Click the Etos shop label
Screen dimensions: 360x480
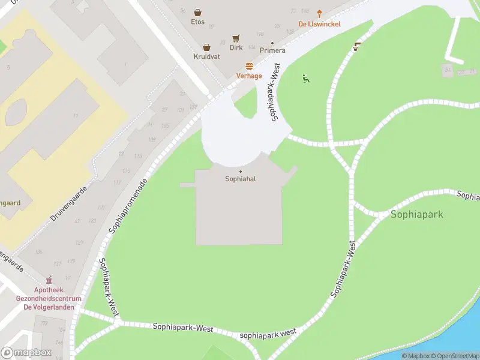tap(197, 22)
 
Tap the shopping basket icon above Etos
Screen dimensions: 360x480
tap(197, 12)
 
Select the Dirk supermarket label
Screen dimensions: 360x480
tap(236, 47)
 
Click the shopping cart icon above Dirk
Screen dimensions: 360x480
tap(236, 37)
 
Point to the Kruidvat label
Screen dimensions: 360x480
tap(207, 56)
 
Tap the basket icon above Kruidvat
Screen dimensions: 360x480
tap(207, 47)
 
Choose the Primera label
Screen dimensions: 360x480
tap(272, 51)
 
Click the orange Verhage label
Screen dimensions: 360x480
tap(249, 76)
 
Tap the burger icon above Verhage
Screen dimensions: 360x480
tap(249, 66)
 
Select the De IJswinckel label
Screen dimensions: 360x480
tap(320, 24)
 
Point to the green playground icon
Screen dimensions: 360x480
tap(305, 78)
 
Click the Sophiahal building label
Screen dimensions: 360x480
tap(241, 179)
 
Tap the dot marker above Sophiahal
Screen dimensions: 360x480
tap(241, 171)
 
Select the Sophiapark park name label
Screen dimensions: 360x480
tap(417, 214)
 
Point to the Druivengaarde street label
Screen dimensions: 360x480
tap(69, 203)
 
